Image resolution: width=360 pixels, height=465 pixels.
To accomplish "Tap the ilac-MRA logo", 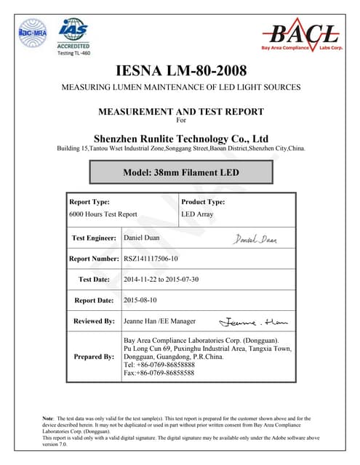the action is [33, 33].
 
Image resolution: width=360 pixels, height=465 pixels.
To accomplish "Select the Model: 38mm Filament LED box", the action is [180, 172].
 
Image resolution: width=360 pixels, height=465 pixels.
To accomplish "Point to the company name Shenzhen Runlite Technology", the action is [181, 138].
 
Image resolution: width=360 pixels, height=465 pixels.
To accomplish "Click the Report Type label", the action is [89, 202].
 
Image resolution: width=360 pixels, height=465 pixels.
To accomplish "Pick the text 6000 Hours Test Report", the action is [103, 214].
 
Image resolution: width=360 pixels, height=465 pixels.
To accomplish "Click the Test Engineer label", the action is [95, 238].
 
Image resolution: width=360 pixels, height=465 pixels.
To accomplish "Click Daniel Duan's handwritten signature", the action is [255, 239].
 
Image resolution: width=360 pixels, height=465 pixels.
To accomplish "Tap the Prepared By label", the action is [94, 357].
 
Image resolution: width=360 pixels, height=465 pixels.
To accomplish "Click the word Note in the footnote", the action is [49, 418].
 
